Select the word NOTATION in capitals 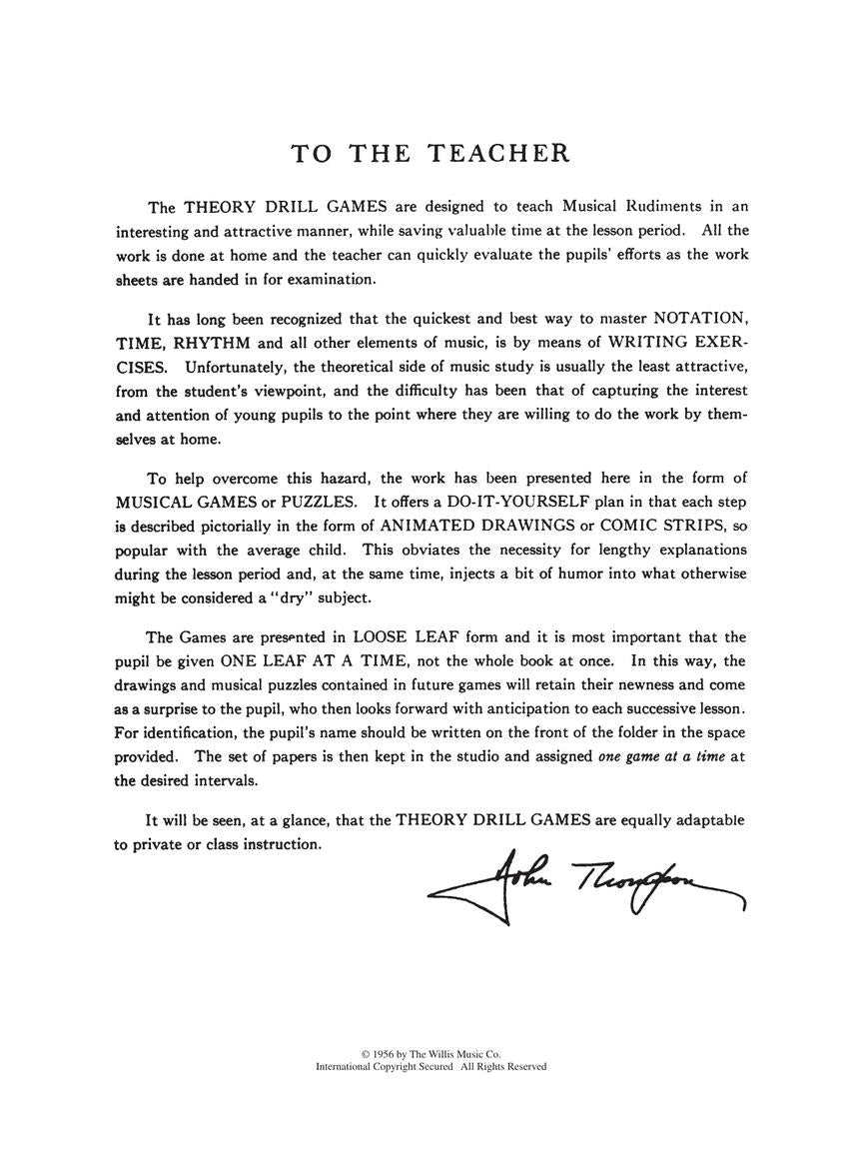[x=700, y=319]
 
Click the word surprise [x=171, y=708]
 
